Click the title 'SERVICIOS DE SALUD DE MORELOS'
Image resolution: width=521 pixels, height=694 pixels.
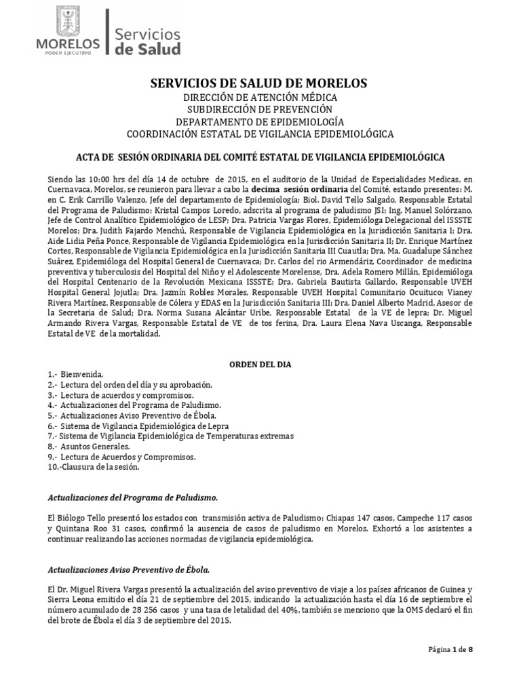[258, 83]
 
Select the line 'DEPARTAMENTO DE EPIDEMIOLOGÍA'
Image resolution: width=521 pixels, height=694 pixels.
[260, 121]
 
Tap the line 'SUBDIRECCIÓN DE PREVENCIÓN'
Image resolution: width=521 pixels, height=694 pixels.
[260, 108]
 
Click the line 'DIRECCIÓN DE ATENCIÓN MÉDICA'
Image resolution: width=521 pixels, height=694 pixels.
[260, 97]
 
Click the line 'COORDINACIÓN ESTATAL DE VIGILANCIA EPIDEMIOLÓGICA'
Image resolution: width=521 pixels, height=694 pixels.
[260, 134]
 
